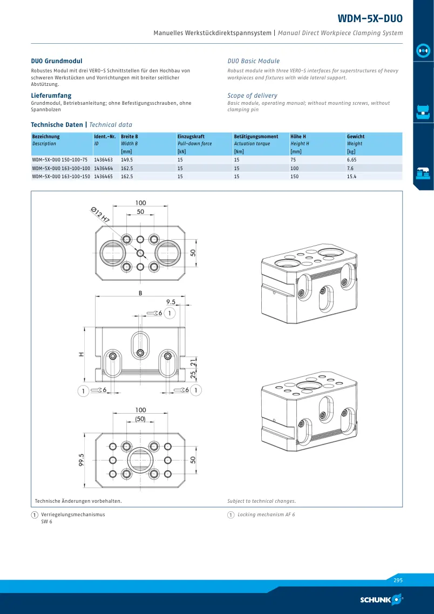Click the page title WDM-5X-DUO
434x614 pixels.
coord(370,18)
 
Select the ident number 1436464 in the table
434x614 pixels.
coord(103,168)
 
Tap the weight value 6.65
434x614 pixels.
coord(351,160)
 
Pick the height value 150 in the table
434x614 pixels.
coord(294,177)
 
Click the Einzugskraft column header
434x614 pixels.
coord(191,137)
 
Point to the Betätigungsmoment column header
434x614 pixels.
coord(256,137)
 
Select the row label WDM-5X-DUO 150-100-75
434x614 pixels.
coord(60,160)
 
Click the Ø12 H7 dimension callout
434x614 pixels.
coord(100,215)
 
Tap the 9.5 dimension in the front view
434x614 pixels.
coord(171,301)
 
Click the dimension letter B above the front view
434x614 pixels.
coord(140,293)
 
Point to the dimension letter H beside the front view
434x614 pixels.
coord(82,354)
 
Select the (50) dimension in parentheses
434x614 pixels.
coord(140,419)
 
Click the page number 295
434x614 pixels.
coord(398,581)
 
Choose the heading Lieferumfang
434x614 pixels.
coord(51,96)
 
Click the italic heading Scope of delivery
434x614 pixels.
coord(253,96)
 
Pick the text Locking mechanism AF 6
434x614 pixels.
coord(266,515)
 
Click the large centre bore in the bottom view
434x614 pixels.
coord(140,460)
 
